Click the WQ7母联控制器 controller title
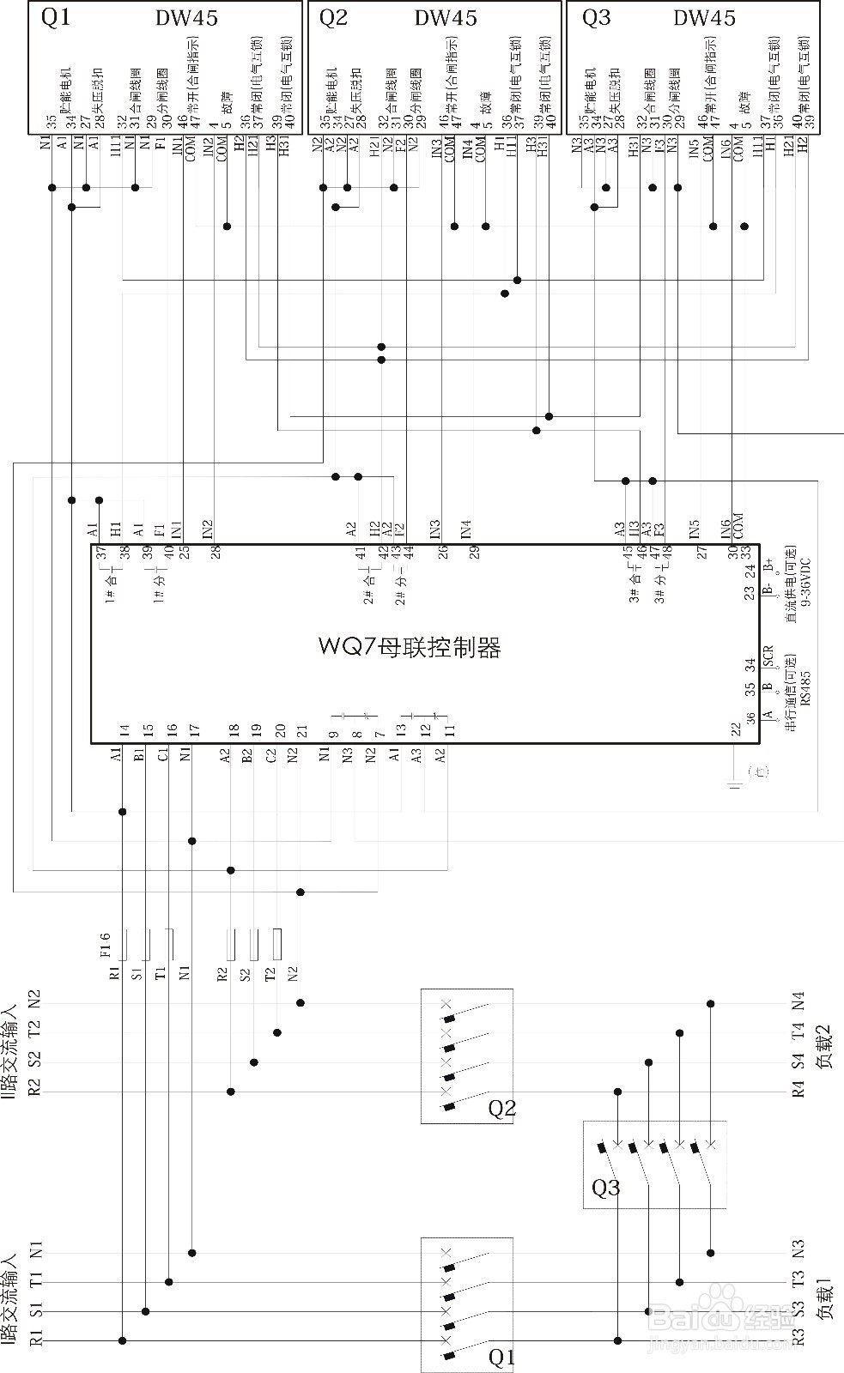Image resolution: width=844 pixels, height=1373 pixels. click(410, 646)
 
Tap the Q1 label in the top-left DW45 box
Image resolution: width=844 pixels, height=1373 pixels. click(57, 17)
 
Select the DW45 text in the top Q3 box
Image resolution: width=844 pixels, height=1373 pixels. click(704, 18)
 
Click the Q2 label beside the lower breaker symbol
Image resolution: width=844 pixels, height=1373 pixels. click(501, 1109)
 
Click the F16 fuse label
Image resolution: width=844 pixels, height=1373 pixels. click(105, 944)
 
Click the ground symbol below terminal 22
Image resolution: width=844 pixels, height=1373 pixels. click(735, 783)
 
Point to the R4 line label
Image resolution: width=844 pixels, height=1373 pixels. click(798, 1090)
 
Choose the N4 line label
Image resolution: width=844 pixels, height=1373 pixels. click(798, 1001)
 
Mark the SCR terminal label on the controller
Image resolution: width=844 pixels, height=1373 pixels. click(768, 656)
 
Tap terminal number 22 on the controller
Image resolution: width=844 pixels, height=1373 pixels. click(736, 729)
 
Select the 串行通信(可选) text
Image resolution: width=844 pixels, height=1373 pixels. click(791, 699)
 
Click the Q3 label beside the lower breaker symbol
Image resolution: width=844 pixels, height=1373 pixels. click(605, 1188)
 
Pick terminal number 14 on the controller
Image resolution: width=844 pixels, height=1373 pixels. click(124, 731)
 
